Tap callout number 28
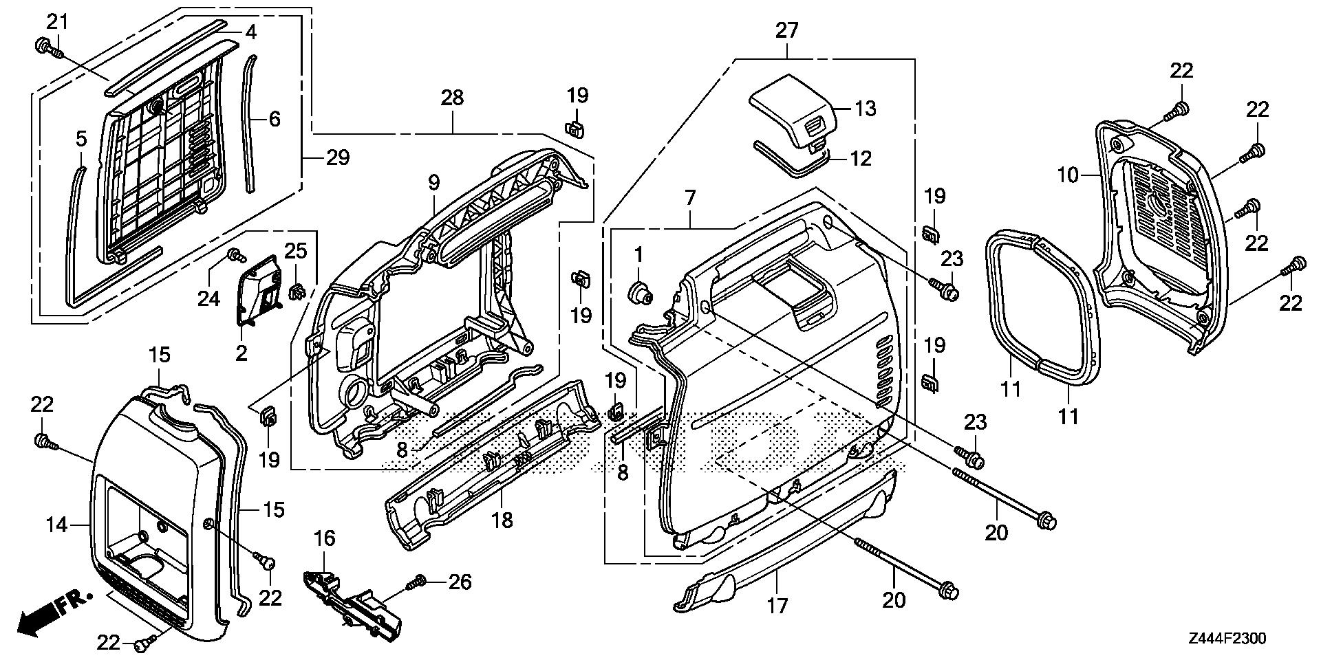click(452, 98)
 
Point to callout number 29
click(338, 157)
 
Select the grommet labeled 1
click(641, 291)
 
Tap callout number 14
click(58, 525)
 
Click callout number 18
click(502, 520)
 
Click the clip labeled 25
click(298, 291)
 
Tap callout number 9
click(433, 183)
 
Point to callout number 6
click(275, 119)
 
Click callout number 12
click(861, 158)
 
